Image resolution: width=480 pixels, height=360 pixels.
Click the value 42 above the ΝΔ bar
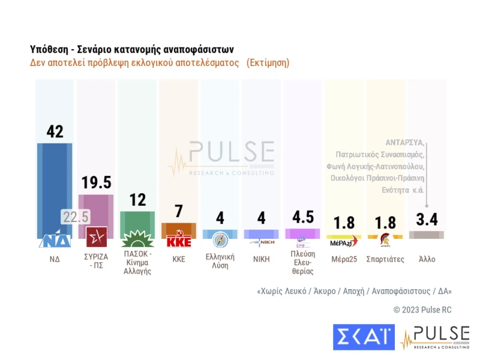click(55, 131)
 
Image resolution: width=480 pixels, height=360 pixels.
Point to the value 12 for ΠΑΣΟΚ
click(137, 200)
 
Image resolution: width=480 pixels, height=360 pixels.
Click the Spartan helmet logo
click(385, 241)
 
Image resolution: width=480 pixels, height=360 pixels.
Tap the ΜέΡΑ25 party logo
click(344, 242)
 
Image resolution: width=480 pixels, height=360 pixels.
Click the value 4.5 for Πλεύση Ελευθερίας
click(302, 217)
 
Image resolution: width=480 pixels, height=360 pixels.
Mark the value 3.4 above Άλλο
click(427, 220)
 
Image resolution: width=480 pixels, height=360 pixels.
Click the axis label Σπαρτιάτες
click(385, 260)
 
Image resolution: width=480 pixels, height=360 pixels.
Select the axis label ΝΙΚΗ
click(262, 260)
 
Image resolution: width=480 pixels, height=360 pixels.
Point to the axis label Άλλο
click(427, 260)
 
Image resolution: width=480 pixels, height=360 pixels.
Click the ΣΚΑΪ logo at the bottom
click(364, 337)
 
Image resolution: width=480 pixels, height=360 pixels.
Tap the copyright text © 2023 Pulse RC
click(422, 310)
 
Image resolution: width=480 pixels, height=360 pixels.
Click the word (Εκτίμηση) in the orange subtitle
click(268, 62)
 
